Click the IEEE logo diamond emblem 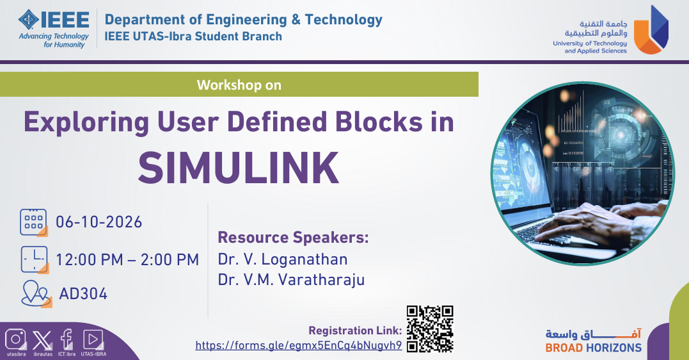(29, 20)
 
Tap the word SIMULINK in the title (239, 168)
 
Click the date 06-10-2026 (99, 222)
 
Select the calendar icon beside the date (34, 223)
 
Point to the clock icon (35, 259)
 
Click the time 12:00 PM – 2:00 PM (127, 259)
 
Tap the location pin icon (36, 293)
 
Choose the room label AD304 (84, 293)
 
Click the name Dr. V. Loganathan (283, 259)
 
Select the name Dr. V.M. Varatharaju (291, 279)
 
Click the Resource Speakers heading (293, 238)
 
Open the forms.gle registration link (299, 345)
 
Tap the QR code (430, 329)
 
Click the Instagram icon (16, 340)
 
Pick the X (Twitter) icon (42, 340)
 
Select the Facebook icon (67, 339)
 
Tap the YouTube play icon (93, 340)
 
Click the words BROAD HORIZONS (593, 348)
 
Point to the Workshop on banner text (239, 85)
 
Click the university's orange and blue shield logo (651, 30)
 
